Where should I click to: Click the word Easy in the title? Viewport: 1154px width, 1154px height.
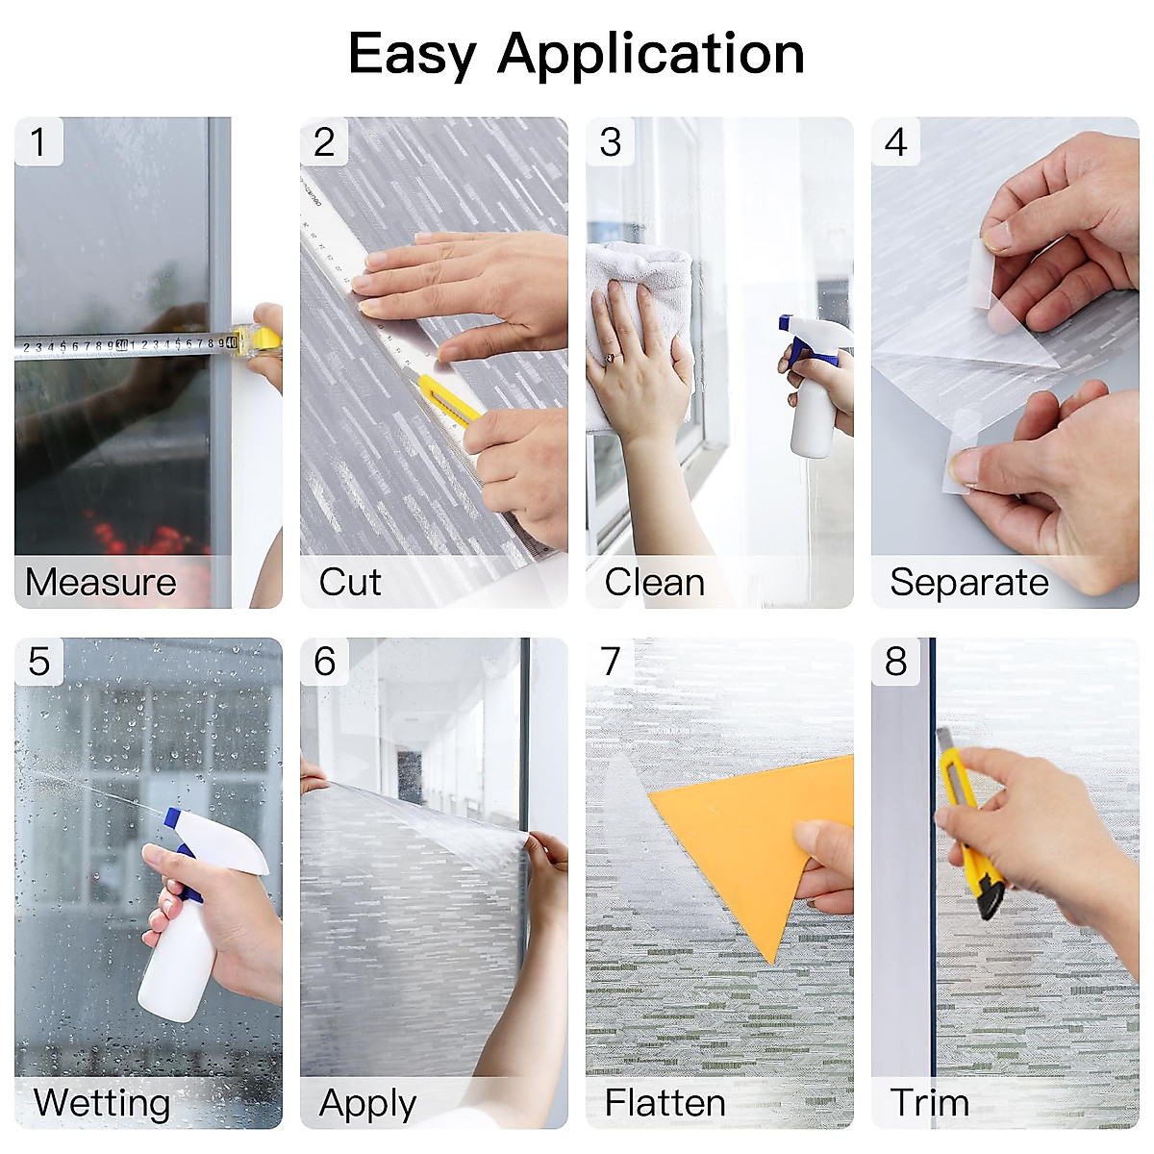click(412, 54)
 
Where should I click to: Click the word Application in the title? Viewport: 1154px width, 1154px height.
click(651, 54)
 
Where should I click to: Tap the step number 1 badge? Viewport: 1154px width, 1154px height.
click(38, 142)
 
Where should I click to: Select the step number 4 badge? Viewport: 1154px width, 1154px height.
click(895, 142)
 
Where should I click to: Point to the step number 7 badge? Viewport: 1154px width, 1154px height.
click(611, 662)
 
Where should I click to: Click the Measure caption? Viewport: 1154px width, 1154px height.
click(101, 583)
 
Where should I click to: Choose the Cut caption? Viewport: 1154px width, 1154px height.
click(350, 583)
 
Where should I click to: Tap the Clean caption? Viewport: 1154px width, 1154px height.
click(655, 583)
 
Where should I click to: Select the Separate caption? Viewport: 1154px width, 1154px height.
click(968, 583)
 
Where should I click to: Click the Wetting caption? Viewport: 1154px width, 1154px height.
click(102, 1102)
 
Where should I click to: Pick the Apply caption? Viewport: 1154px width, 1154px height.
click(367, 1103)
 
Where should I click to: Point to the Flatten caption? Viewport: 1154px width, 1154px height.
click(665, 1102)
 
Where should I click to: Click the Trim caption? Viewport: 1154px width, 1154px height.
click(929, 1102)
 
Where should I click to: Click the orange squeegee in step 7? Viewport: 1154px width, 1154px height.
click(760, 837)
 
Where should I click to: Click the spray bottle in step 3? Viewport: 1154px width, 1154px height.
click(813, 394)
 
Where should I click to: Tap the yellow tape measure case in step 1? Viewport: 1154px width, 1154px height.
click(260, 339)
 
